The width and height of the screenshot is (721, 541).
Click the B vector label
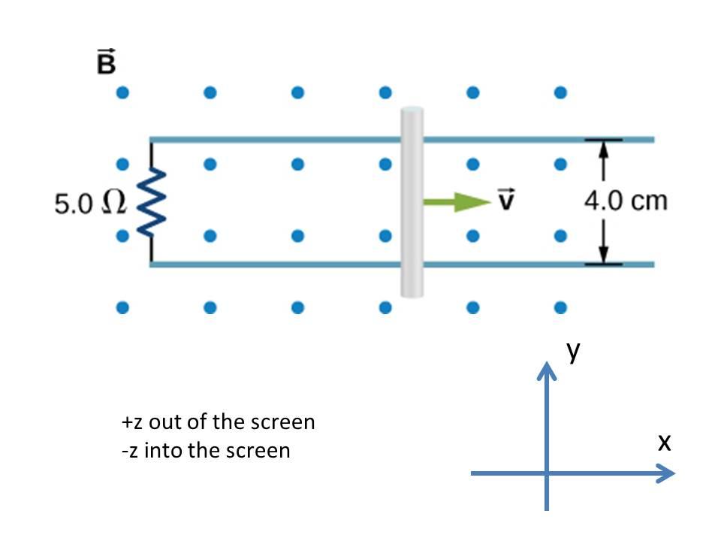coord(107,63)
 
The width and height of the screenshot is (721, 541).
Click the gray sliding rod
coord(412,201)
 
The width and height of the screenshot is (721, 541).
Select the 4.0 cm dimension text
coord(625,201)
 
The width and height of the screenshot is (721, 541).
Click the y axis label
coord(575,352)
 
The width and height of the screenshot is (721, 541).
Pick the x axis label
coord(663,443)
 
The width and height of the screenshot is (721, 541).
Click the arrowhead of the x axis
coord(667,473)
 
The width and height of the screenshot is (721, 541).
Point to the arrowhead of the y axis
coord(548,368)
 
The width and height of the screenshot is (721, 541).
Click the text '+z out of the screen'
coord(218,422)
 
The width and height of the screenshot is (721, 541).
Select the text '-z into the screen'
coord(205,451)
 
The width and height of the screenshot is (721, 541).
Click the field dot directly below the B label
coord(122,93)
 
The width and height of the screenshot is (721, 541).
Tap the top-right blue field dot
coord(560,93)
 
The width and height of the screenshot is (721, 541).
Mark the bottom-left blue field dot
coord(122,307)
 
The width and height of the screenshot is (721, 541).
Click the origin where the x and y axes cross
coord(548,473)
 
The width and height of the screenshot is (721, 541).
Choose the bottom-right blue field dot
coord(560,307)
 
